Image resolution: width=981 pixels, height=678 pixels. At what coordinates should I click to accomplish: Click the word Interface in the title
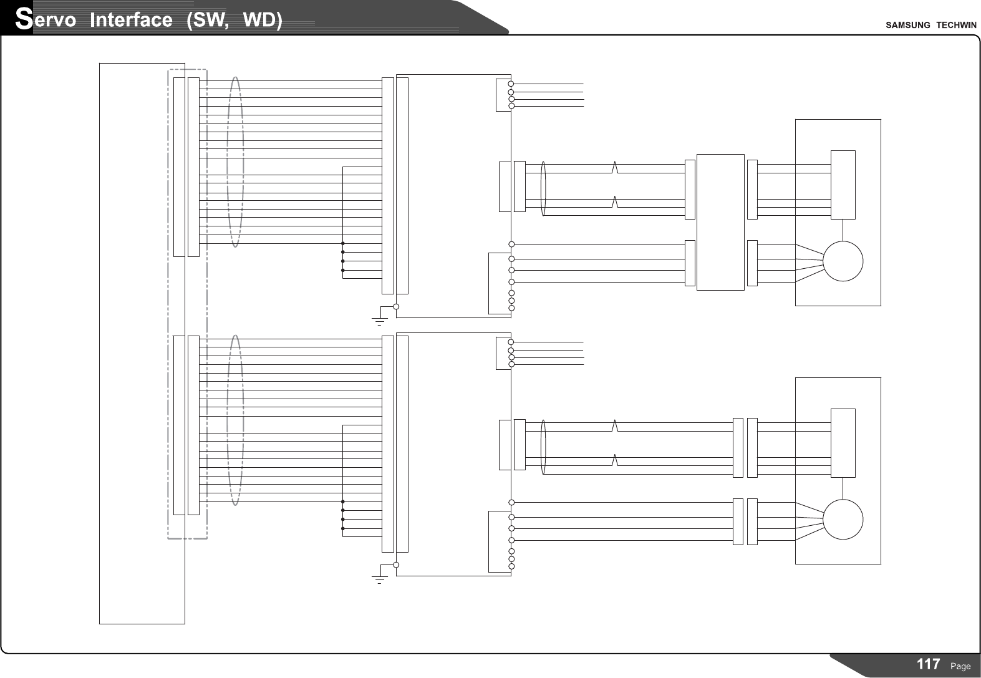pyautogui.click(x=131, y=20)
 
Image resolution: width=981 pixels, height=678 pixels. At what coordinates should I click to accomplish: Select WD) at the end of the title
pyautogui.click(x=263, y=20)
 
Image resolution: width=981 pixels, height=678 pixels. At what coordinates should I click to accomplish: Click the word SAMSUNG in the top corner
pyautogui.click(x=907, y=25)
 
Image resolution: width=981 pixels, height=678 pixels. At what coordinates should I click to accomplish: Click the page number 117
pyautogui.click(x=929, y=664)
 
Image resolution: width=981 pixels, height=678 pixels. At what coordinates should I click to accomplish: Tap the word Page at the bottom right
pyautogui.click(x=960, y=666)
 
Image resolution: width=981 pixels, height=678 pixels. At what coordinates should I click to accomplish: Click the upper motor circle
pyautogui.click(x=843, y=261)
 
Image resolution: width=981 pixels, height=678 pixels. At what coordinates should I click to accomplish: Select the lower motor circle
pyautogui.click(x=843, y=520)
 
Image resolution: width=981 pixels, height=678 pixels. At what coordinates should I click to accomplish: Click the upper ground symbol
pyautogui.click(x=379, y=320)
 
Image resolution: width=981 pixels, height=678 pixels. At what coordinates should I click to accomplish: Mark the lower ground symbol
pyautogui.click(x=379, y=578)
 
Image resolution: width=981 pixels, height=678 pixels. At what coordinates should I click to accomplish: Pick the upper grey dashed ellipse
pyautogui.click(x=235, y=162)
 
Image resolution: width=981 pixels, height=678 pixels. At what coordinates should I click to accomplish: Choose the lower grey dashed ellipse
pyautogui.click(x=235, y=420)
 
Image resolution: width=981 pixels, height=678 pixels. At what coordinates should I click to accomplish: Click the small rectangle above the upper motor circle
pyautogui.click(x=843, y=185)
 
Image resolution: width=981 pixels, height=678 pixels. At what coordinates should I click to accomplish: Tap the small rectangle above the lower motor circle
pyautogui.click(x=843, y=443)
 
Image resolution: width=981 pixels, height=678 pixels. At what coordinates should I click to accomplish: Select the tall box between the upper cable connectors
pyautogui.click(x=720, y=222)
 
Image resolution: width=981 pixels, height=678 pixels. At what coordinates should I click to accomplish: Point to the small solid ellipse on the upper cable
pyautogui.click(x=543, y=188)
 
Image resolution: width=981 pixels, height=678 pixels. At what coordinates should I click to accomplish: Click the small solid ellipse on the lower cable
pyautogui.click(x=543, y=447)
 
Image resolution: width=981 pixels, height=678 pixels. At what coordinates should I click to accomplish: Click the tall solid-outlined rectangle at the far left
pyautogui.click(x=142, y=343)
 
